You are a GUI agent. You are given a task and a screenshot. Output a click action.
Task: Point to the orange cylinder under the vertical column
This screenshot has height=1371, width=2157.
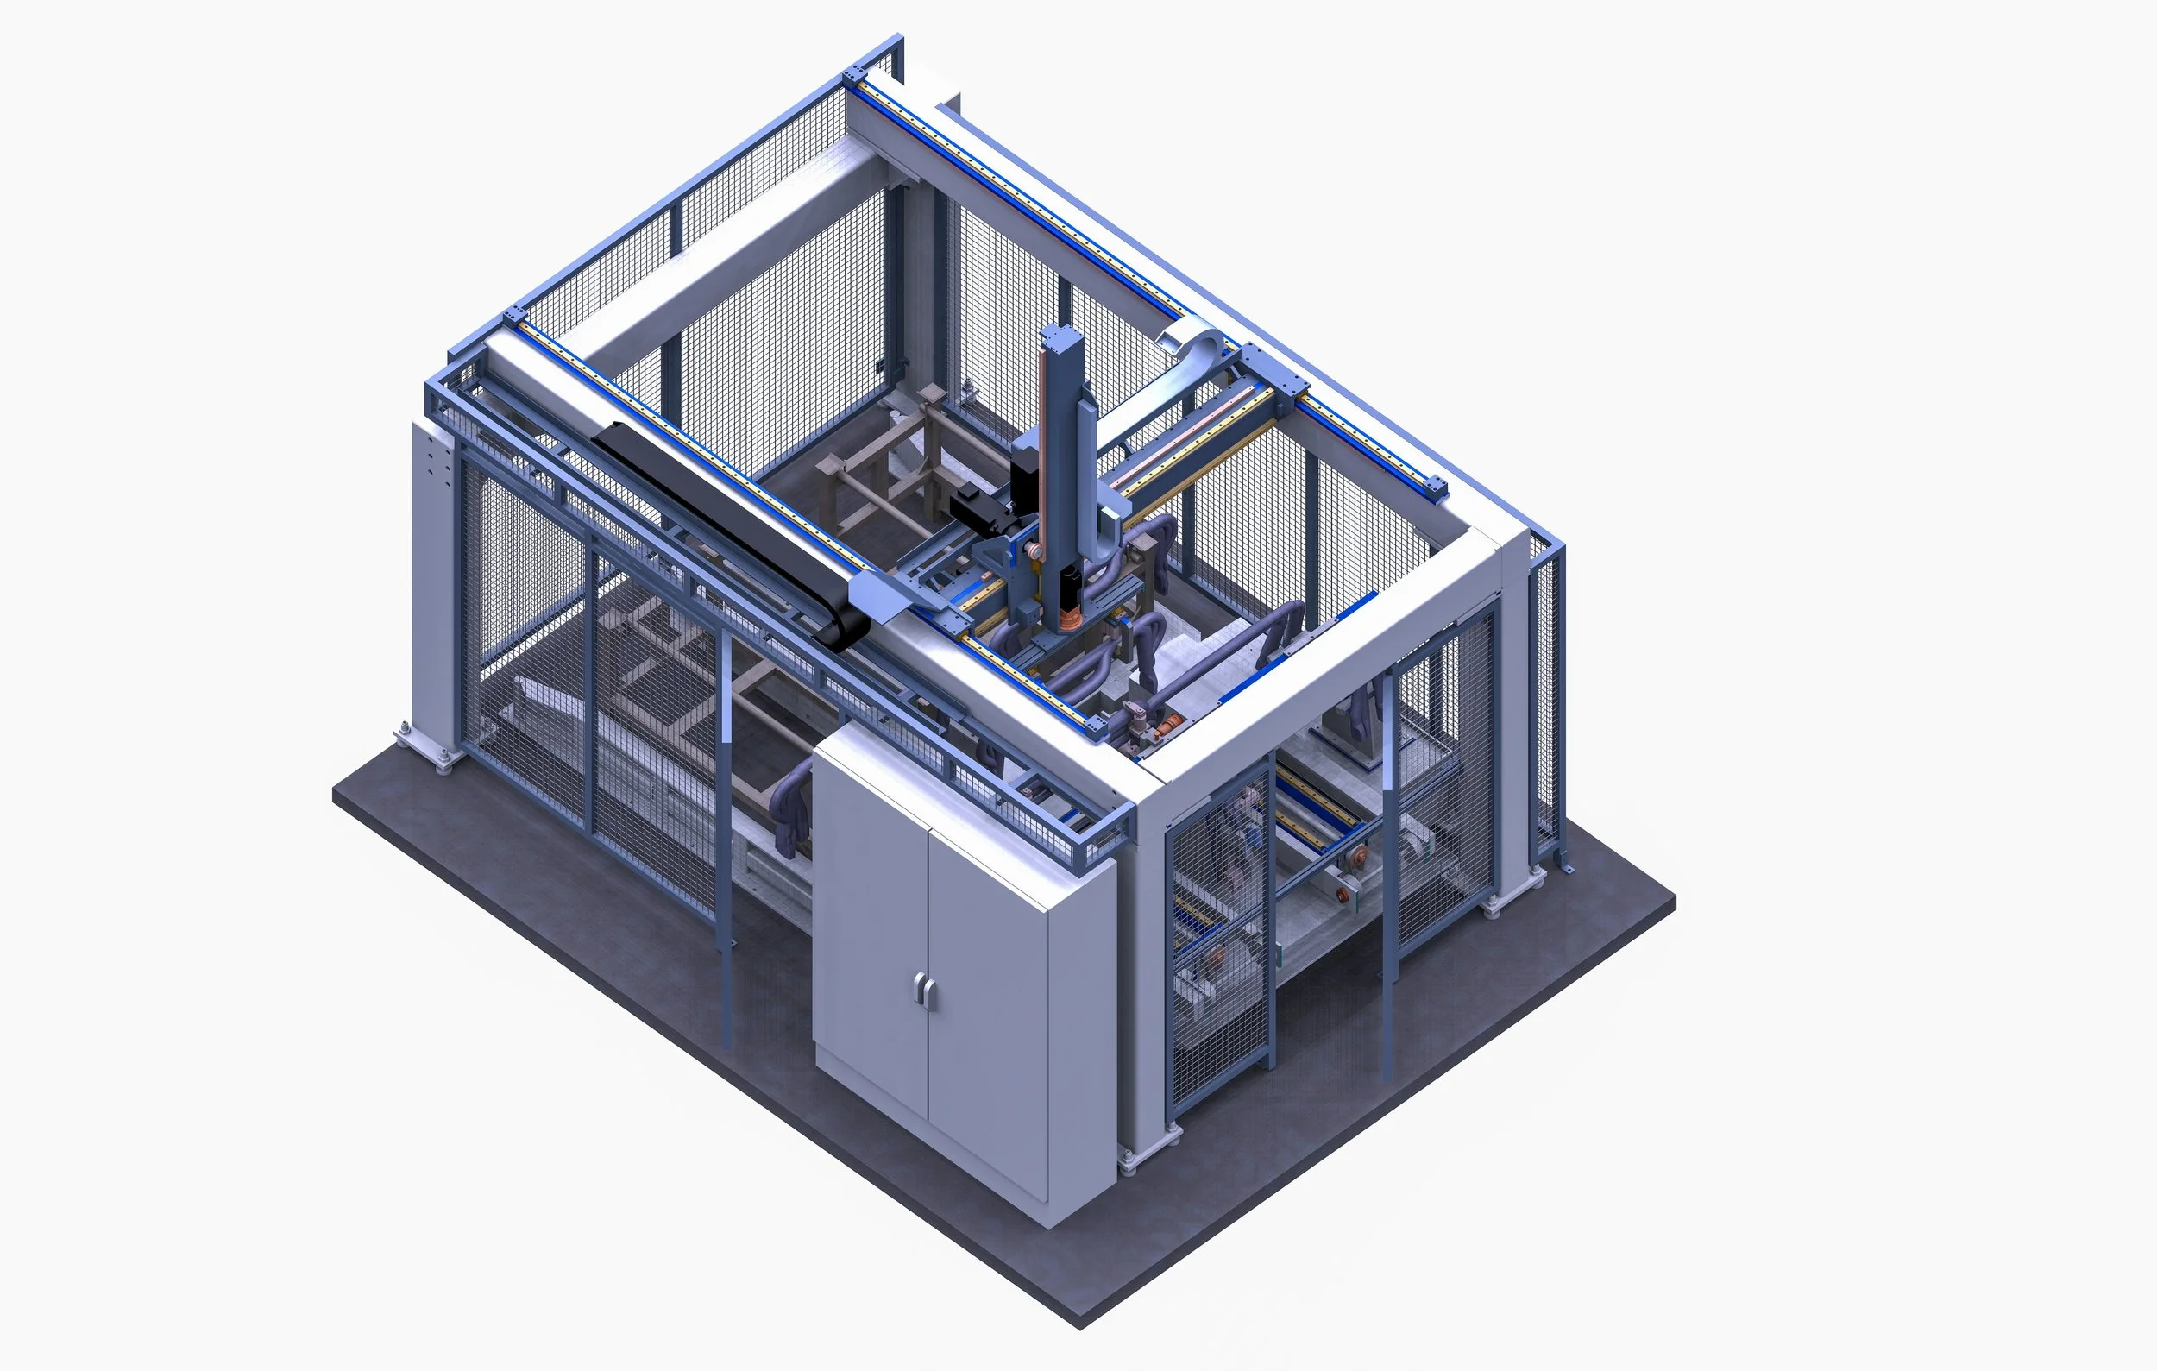[1070, 617]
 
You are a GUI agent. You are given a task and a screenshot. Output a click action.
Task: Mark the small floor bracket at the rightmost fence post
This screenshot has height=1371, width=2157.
[1565, 867]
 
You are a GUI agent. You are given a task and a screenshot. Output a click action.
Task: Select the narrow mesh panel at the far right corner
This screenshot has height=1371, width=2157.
[1546, 699]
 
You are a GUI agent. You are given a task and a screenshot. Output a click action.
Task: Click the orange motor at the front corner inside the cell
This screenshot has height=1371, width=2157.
[1169, 726]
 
